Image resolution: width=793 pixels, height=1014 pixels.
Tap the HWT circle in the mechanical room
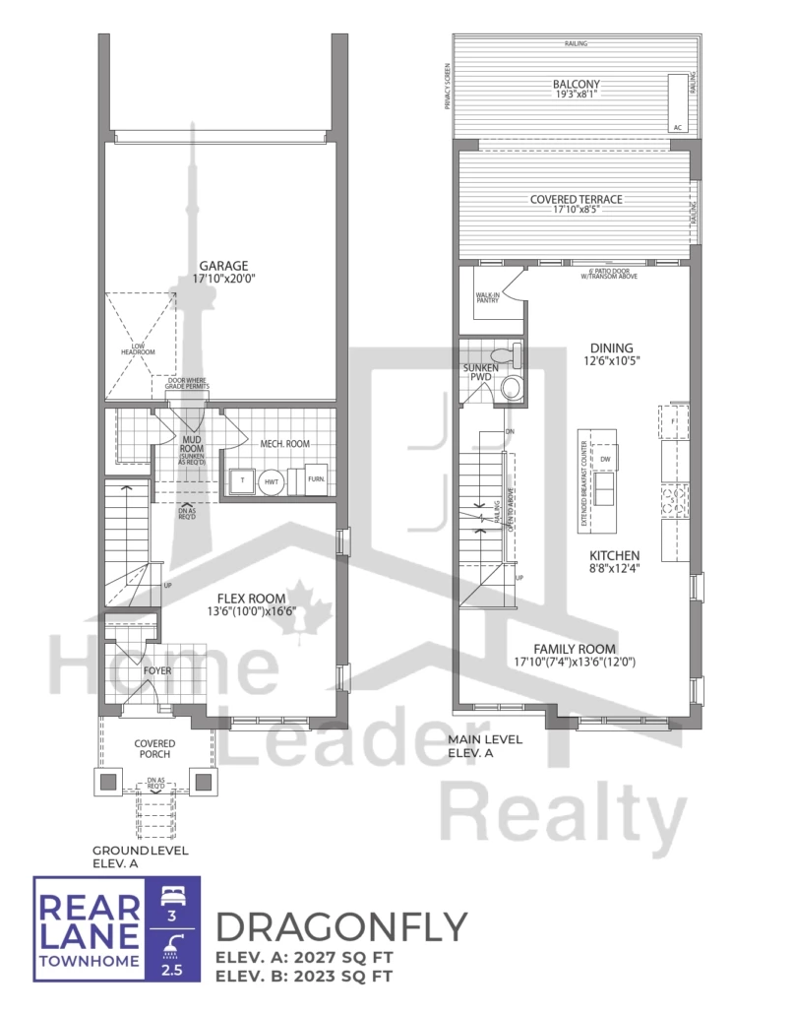coord(271,480)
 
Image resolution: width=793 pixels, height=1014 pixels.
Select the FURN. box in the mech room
coord(316,477)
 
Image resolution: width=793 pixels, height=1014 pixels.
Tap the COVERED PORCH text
coord(154,747)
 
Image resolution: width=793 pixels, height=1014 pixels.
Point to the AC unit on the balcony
coord(678,102)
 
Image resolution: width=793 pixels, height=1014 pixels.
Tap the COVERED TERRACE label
coord(576,199)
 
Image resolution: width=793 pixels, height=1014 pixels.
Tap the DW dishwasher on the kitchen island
coord(605,459)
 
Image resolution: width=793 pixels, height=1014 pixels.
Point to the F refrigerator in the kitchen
coord(675,420)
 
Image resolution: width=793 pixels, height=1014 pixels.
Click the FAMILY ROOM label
coord(576,648)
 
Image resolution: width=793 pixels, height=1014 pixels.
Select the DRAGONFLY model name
coord(340,925)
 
